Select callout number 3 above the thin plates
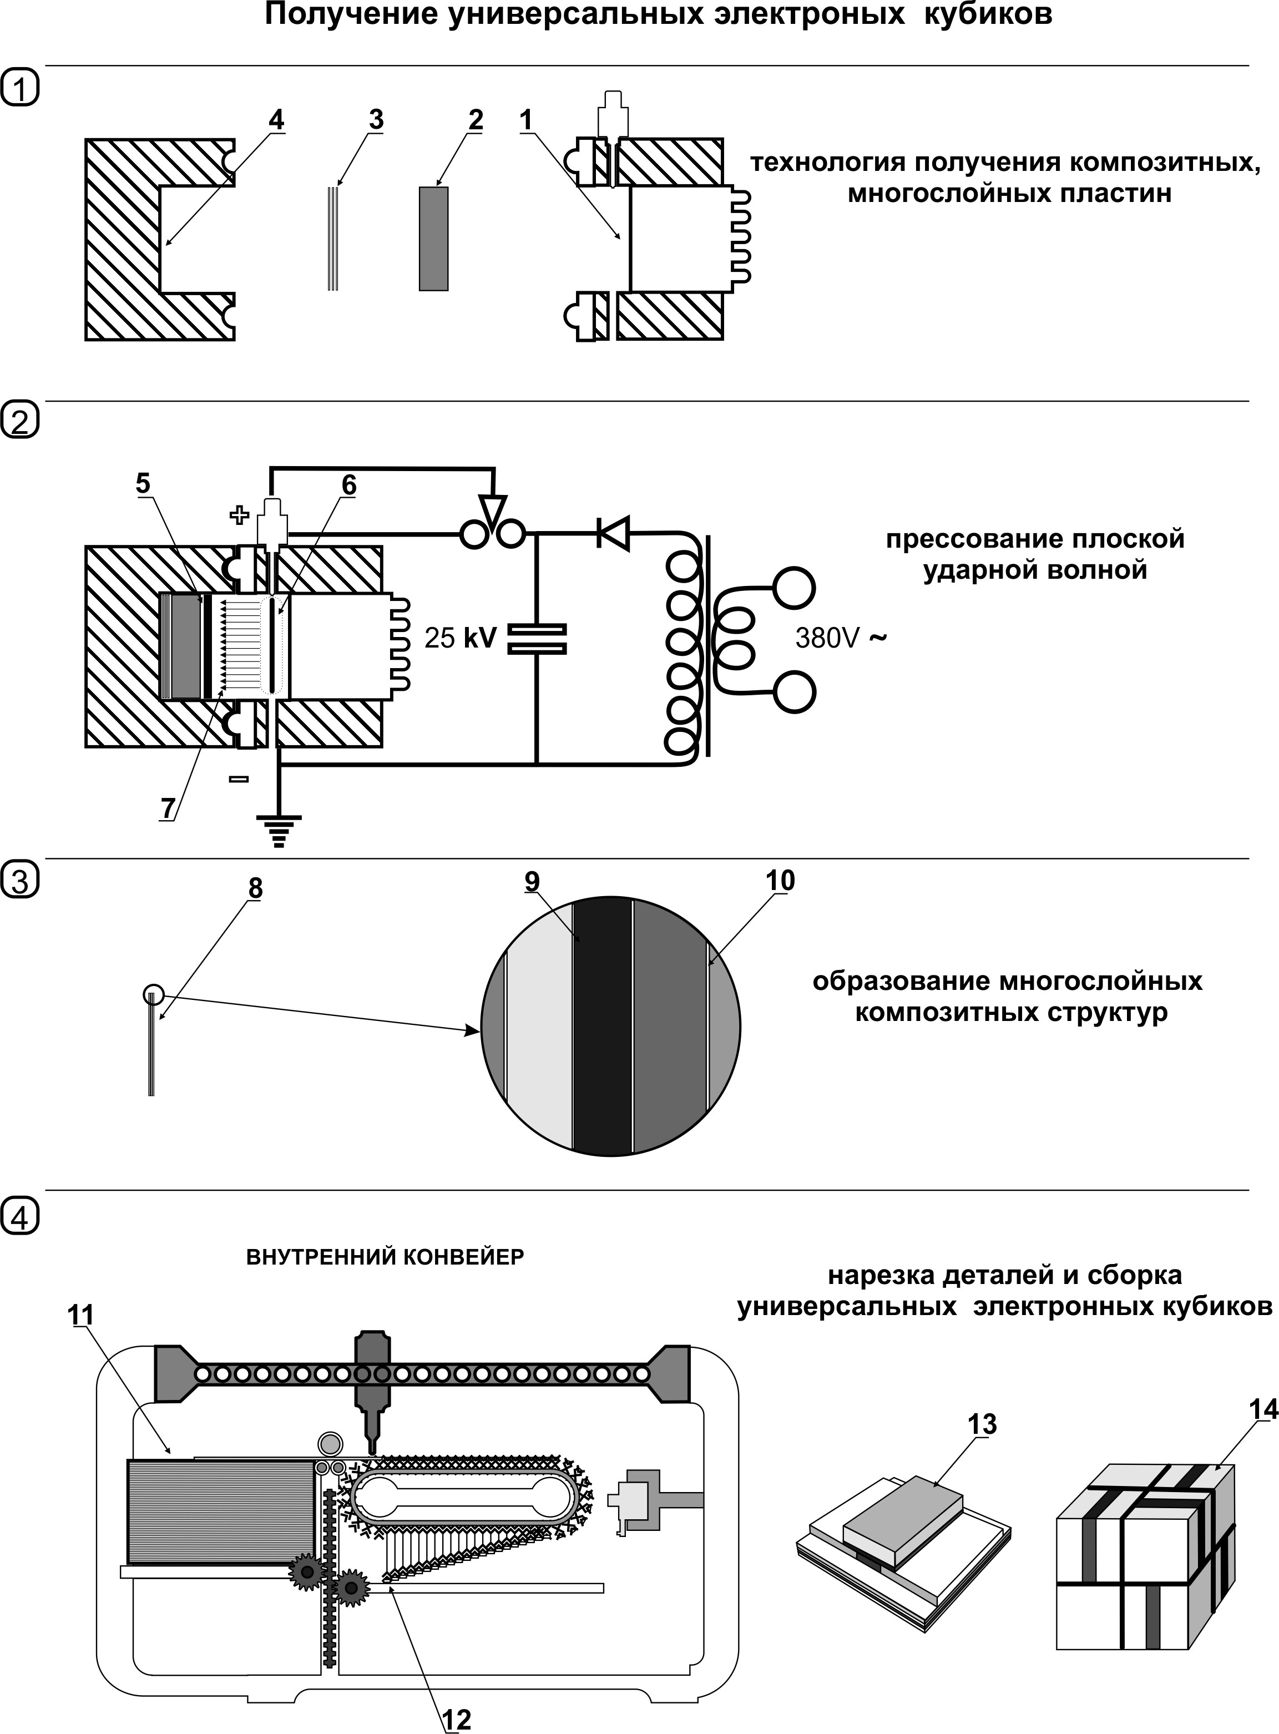point(376,120)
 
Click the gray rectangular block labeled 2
point(433,239)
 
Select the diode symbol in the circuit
point(613,533)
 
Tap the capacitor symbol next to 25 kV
point(537,639)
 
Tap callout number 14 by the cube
point(1263,1409)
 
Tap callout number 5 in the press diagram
point(143,484)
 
